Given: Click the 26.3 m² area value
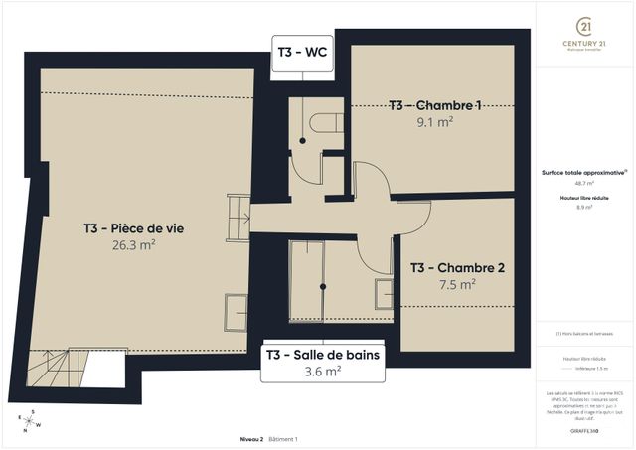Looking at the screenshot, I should tap(134, 244).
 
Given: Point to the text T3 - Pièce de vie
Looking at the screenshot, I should tap(134, 227).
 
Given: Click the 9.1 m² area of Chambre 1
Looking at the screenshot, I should tap(434, 122).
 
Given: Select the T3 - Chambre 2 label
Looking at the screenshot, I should tap(458, 267).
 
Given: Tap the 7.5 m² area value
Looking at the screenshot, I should tap(456, 284).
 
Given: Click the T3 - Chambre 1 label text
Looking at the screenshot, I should tap(434, 105).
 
